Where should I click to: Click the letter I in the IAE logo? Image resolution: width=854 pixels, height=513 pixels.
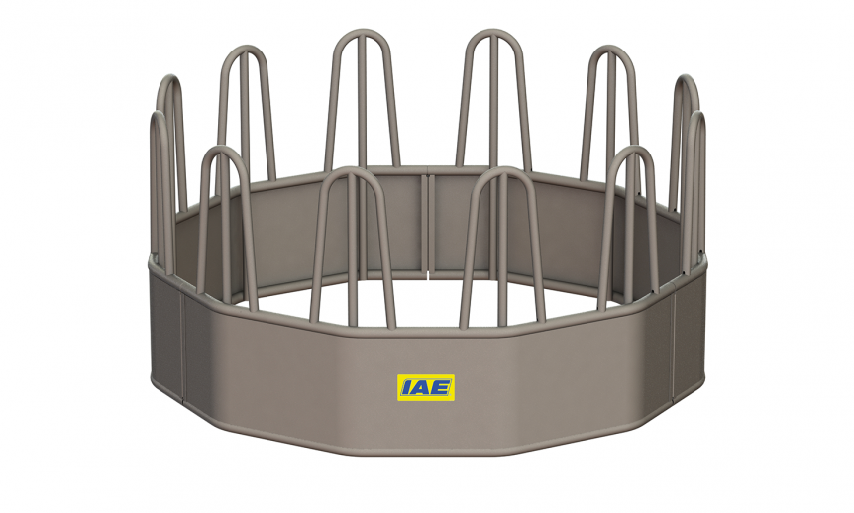click(x=406, y=387)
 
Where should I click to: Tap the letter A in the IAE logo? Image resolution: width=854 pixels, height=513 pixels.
click(x=421, y=387)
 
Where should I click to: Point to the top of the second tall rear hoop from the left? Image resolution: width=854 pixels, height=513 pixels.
click(x=243, y=51)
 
